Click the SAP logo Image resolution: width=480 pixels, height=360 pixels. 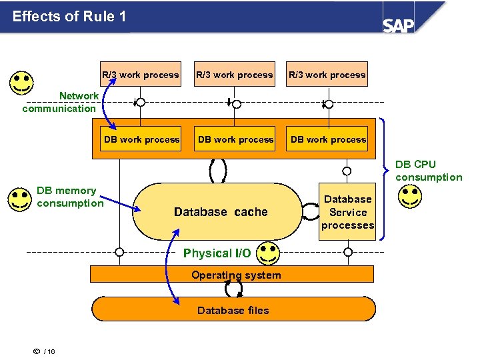(399, 25)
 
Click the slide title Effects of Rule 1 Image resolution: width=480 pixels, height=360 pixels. (69, 16)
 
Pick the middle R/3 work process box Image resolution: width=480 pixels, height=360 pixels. (234, 75)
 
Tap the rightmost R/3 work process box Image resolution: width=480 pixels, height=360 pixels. (327, 75)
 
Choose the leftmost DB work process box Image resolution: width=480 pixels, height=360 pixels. (141, 139)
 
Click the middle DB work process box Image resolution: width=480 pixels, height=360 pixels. (235, 139)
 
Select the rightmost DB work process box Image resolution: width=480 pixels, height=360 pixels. (328, 139)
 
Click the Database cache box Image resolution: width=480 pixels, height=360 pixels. (220, 212)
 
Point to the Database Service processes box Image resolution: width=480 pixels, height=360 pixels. (347, 212)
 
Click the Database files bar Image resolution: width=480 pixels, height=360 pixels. (233, 310)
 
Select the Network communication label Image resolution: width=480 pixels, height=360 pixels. (60, 102)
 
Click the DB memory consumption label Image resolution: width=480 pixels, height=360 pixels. (69, 197)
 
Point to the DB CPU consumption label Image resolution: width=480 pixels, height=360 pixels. (428, 171)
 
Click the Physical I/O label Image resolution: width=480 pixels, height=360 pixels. (217, 253)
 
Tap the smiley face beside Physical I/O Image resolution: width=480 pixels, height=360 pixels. (268, 253)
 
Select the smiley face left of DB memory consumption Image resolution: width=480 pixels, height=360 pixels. (19, 199)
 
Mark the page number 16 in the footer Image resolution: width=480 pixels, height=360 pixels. (51, 352)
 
